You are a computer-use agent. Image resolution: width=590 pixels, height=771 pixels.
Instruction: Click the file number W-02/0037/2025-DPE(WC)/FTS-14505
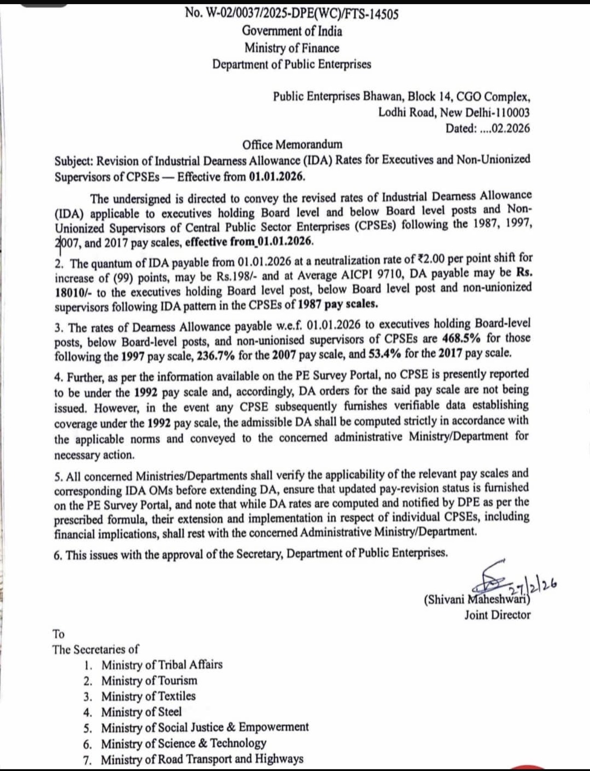point(292,14)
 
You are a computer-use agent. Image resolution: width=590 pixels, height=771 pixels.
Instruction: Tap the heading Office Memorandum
point(292,144)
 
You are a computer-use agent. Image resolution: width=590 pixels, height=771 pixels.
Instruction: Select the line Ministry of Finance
point(292,48)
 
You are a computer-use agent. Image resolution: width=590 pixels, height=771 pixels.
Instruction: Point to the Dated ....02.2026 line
point(487,128)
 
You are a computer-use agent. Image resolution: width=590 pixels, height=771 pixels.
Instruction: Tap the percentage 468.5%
point(461,338)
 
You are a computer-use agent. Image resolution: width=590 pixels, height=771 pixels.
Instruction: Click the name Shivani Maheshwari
point(477,600)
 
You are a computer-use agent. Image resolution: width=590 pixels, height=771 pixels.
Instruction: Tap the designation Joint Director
point(497,615)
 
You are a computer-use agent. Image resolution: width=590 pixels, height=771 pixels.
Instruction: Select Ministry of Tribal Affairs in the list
point(162,665)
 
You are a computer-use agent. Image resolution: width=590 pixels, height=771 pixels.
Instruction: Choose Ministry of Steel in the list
point(141,712)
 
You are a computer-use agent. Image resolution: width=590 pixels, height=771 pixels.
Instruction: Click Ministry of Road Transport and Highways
point(202,759)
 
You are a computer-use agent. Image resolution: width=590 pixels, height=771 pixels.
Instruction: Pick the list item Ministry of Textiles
point(149,696)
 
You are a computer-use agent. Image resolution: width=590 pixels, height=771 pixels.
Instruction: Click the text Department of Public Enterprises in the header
point(292,64)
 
